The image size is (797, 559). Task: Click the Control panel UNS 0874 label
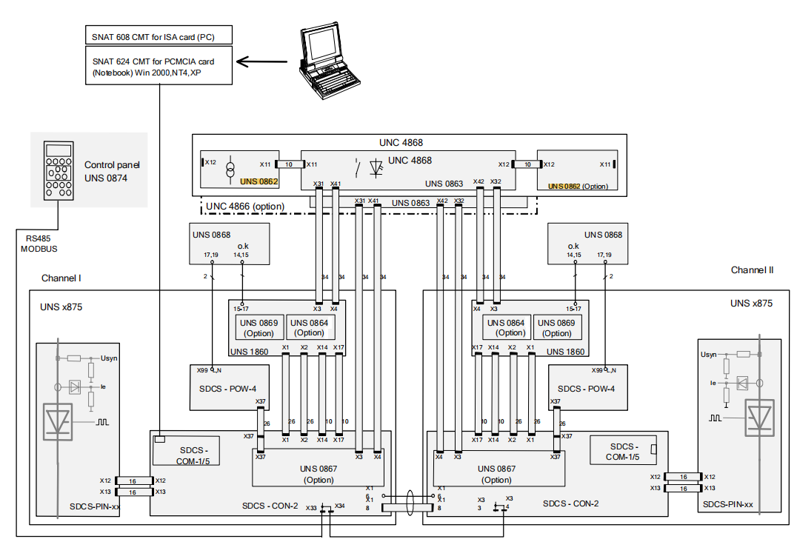click(x=112, y=172)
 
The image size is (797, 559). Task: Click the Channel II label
click(x=752, y=270)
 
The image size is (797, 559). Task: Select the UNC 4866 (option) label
click(x=244, y=206)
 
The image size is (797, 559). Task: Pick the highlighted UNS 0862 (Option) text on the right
click(x=578, y=186)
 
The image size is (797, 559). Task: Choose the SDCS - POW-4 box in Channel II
click(x=586, y=388)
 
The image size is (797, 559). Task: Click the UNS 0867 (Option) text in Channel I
click(x=319, y=474)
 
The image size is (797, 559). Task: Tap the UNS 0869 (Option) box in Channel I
click(x=259, y=327)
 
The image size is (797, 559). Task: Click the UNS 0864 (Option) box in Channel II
click(x=506, y=327)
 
